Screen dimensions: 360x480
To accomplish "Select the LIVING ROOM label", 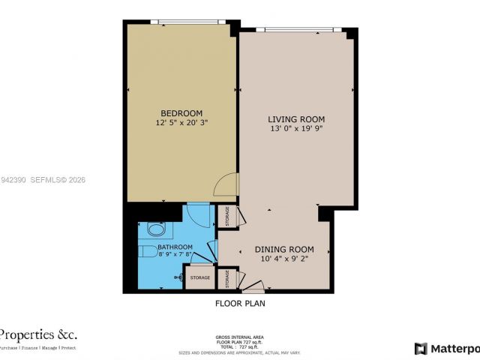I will pos(296,119).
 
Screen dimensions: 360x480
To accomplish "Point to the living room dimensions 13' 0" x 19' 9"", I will pos(296,128).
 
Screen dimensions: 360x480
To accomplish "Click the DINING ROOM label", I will pos(283,249).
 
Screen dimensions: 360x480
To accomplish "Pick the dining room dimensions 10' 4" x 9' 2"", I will pos(283,259).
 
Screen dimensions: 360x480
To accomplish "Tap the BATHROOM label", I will pos(174,247).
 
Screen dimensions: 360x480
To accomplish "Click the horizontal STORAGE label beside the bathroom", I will pos(200,277).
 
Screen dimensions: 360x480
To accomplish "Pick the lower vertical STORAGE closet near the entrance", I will pos(227,278).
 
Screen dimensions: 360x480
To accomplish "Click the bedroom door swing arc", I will pos(226,184).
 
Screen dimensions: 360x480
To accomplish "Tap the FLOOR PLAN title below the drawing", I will pos(240,304).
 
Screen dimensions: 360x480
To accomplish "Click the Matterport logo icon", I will pos(421,349).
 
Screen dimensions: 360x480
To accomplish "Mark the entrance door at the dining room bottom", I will pos(253,286).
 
